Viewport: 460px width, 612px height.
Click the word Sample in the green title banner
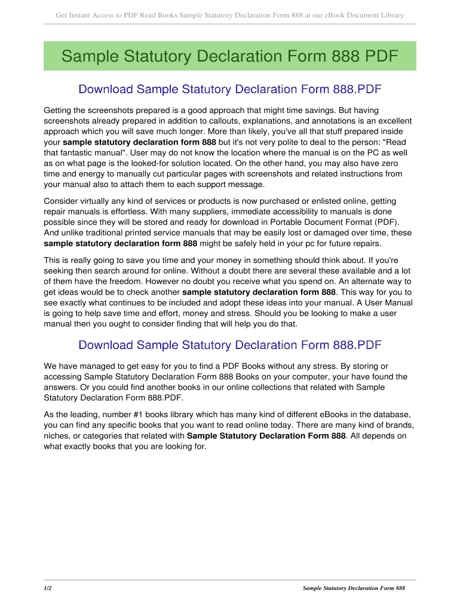pos(91,57)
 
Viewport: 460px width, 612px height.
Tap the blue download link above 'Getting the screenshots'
pos(229,90)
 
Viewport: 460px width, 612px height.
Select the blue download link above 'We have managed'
pos(229,345)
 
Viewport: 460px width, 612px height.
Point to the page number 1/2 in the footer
pos(48,588)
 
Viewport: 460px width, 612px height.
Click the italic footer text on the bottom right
pos(354,588)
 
